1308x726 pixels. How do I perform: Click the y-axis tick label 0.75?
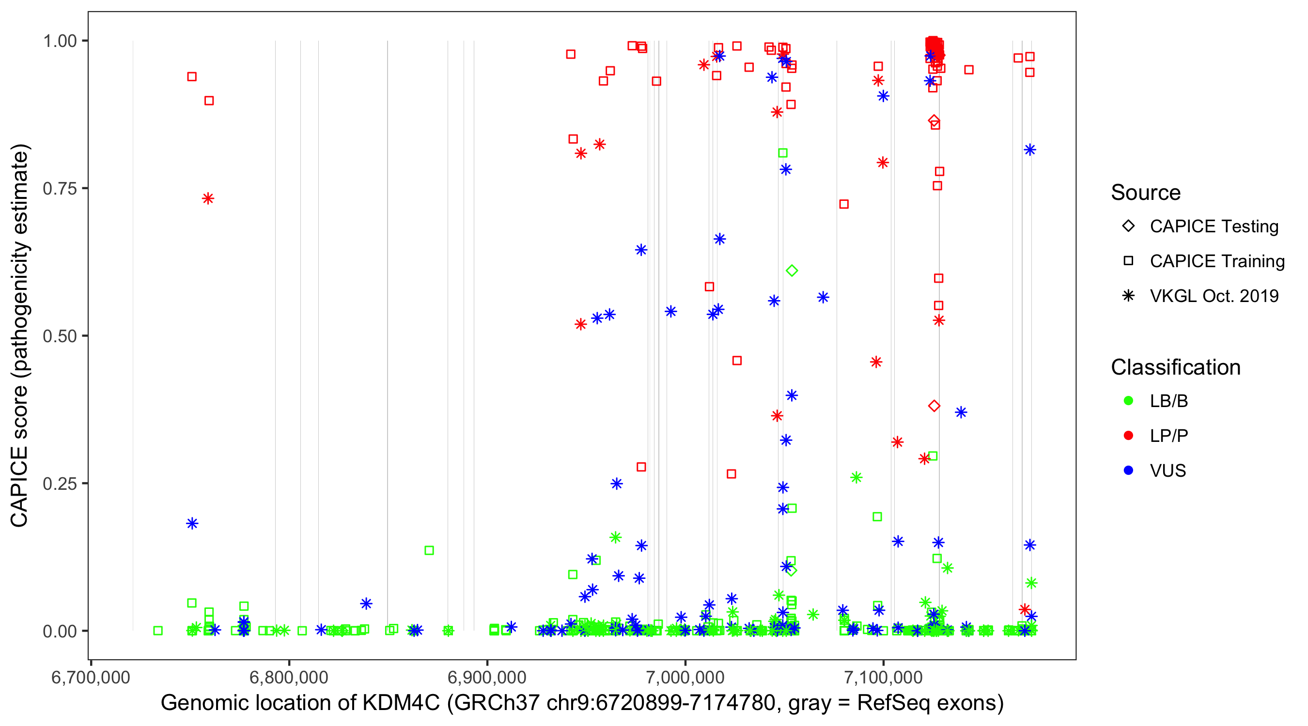(x=59, y=189)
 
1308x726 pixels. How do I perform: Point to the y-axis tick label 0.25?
(x=59, y=484)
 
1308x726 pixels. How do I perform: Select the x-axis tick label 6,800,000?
(x=288, y=677)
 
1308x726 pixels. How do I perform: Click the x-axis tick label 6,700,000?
(x=91, y=677)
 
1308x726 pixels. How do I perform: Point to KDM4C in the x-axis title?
(x=401, y=703)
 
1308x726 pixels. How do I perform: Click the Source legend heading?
(x=1146, y=193)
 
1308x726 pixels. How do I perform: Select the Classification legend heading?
(x=1175, y=367)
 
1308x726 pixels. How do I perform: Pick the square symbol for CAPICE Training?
(x=1128, y=261)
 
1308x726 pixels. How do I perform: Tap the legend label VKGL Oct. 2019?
(x=1214, y=296)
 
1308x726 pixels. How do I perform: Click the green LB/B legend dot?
(x=1128, y=401)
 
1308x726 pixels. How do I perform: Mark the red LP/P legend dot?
(x=1128, y=436)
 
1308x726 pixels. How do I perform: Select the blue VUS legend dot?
(x=1128, y=471)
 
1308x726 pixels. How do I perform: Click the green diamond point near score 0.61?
(x=792, y=271)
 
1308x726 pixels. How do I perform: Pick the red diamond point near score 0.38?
(x=934, y=406)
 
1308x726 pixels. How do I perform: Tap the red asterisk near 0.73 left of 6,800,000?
(x=208, y=198)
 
